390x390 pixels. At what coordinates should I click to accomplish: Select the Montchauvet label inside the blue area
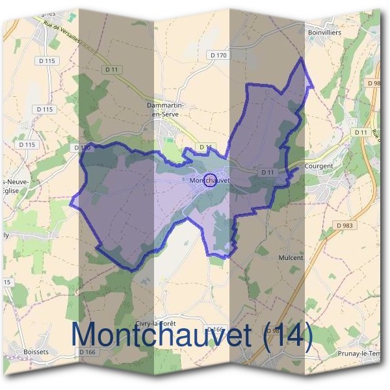pyautogui.click(x=211, y=180)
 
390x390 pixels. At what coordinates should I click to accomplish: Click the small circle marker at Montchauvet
pyautogui.click(x=210, y=181)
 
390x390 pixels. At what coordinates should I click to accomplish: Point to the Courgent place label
pyautogui.click(x=318, y=166)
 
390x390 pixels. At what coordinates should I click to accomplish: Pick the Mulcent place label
pyautogui.click(x=291, y=257)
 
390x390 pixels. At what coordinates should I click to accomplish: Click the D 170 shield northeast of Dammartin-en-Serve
pyautogui.click(x=219, y=56)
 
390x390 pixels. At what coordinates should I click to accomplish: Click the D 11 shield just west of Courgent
pyautogui.click(x=266, y=172)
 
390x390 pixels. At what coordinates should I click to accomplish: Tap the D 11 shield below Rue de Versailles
pyautogui.click(x=109, y=68)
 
